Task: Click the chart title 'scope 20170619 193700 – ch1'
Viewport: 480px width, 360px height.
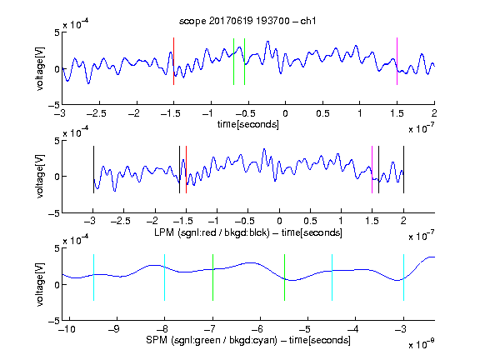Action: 247,21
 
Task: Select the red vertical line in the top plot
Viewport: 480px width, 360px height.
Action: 173,61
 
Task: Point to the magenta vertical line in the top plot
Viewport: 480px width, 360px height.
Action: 397,61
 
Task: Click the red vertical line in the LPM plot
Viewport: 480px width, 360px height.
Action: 186,170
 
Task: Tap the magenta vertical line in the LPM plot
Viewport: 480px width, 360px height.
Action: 372,170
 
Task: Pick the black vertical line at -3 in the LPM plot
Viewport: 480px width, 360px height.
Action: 93,170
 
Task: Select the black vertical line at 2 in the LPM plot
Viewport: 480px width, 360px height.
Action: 403,170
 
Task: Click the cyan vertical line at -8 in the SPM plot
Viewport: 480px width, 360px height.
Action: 165,277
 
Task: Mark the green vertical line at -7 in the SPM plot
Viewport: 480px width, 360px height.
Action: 212,277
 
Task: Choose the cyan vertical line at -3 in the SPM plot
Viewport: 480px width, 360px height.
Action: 403,277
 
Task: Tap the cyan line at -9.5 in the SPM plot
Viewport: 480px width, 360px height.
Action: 93,277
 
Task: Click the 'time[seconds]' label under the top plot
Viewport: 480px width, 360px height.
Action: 248,124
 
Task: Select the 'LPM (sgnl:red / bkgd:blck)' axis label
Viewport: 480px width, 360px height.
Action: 212,232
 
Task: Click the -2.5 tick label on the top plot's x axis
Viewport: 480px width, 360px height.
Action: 96,113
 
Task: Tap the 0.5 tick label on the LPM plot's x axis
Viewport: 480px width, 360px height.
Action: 310,221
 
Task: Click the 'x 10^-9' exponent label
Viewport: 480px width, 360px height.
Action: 422,345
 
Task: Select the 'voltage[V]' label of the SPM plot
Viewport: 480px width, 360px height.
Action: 40,284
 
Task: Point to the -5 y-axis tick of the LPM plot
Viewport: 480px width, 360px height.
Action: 54,213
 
